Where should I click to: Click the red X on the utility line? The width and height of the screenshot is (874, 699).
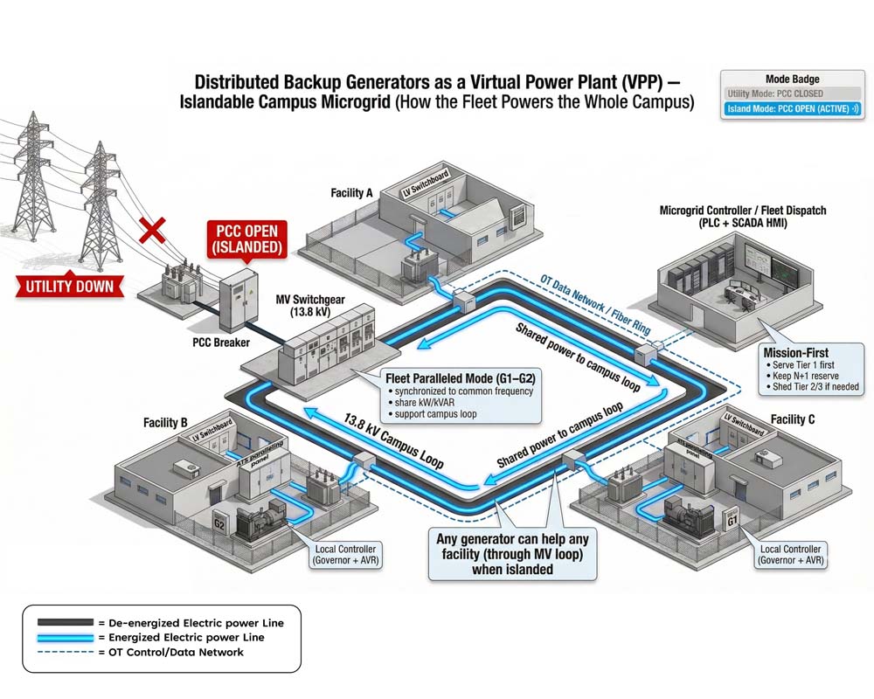click(x=154, y=231)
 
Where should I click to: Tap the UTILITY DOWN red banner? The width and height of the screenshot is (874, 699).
click(x=68, y=287)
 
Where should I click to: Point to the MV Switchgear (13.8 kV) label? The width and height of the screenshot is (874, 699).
click(x=310, y=305)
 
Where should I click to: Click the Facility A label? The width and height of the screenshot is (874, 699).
click(x=353, y=192)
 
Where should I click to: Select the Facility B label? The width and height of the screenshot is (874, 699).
click(x=166, y=423)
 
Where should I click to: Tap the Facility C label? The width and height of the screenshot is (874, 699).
click(x=793, y=419)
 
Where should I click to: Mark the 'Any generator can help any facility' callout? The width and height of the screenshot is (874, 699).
click(x=514, y=554)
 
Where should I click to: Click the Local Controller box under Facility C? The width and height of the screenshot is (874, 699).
click(x=790, y=555)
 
